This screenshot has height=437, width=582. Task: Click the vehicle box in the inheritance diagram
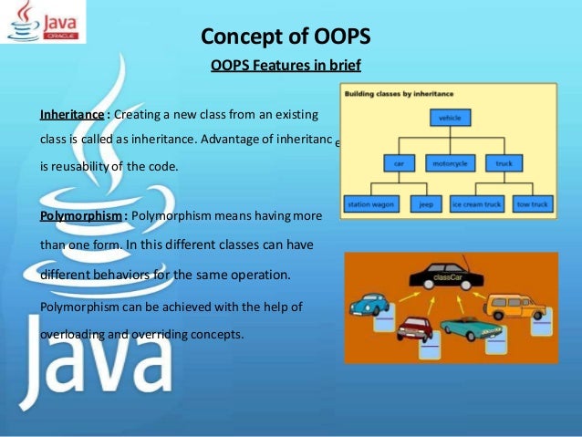click(x=450, y=118)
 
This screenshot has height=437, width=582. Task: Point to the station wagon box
click(x=369, y=205)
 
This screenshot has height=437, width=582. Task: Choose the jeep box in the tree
click(x=425, y=205)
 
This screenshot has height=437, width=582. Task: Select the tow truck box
click(x=532, y=205)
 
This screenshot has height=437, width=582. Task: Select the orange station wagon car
click(x=516, y=305)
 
